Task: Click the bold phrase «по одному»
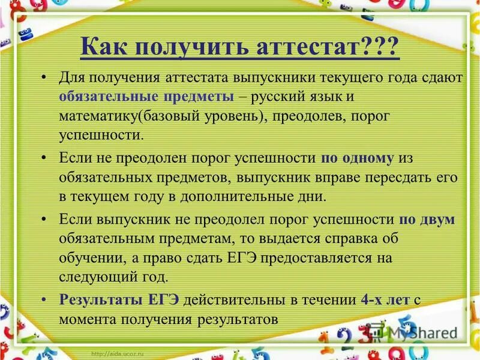coord(358,158)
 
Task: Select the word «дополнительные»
coord(244,196)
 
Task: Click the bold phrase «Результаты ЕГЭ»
coord(119,300)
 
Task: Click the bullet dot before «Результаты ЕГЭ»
coord(44,300)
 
